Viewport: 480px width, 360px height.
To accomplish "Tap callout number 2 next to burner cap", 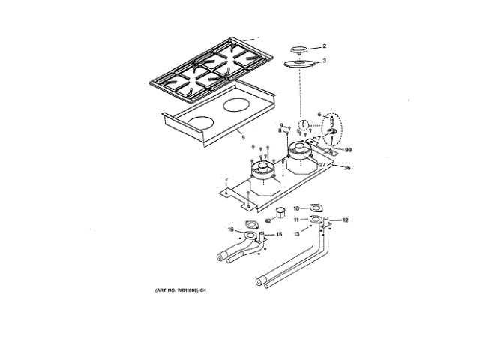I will [324, 46].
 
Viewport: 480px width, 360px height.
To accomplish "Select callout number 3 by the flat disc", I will [324, 61].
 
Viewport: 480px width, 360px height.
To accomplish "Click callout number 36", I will [347, 168].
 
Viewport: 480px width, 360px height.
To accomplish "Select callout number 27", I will [322, 163].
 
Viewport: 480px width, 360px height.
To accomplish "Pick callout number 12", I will [346, 220].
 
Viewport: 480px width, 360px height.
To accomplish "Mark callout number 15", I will [280, 235].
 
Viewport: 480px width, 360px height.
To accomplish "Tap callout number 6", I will [319, 115].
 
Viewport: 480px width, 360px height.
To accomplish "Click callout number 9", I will [282, 124].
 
